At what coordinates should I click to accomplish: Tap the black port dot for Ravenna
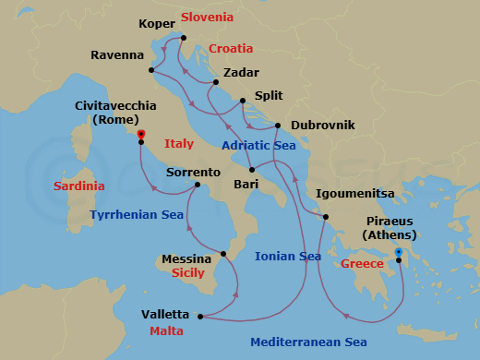[x=151, y=70]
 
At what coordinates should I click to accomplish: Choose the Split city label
[x=269, y=95]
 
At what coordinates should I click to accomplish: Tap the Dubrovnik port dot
[x=278, y=125]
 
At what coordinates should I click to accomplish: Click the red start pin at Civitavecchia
[x=141, y=134]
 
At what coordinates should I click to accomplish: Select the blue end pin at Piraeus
[x=399, y=251]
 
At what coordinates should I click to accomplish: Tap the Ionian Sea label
[x=289, y=257]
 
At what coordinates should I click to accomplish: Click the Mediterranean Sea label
[x=309, y=342]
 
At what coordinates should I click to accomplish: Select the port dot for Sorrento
[x=198, y=185]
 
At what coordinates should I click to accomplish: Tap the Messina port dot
[x=222, y=253]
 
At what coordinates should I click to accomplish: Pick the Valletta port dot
[x=201, y=318]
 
